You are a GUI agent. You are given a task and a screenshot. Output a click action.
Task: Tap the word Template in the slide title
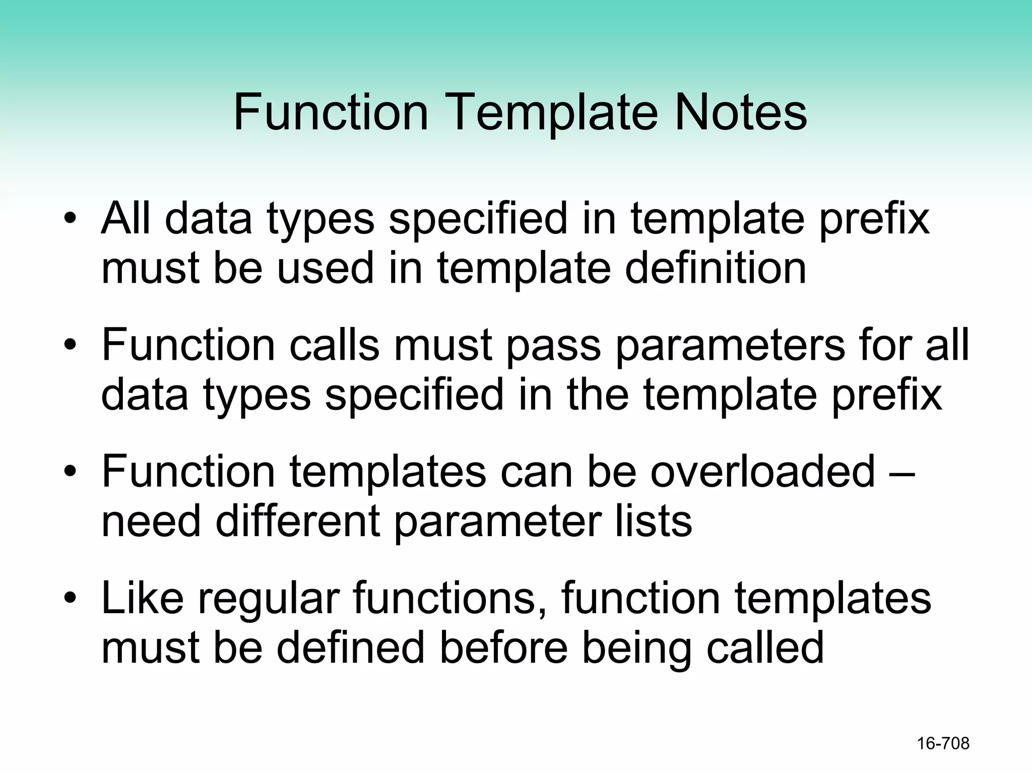[x=551, y=114]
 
